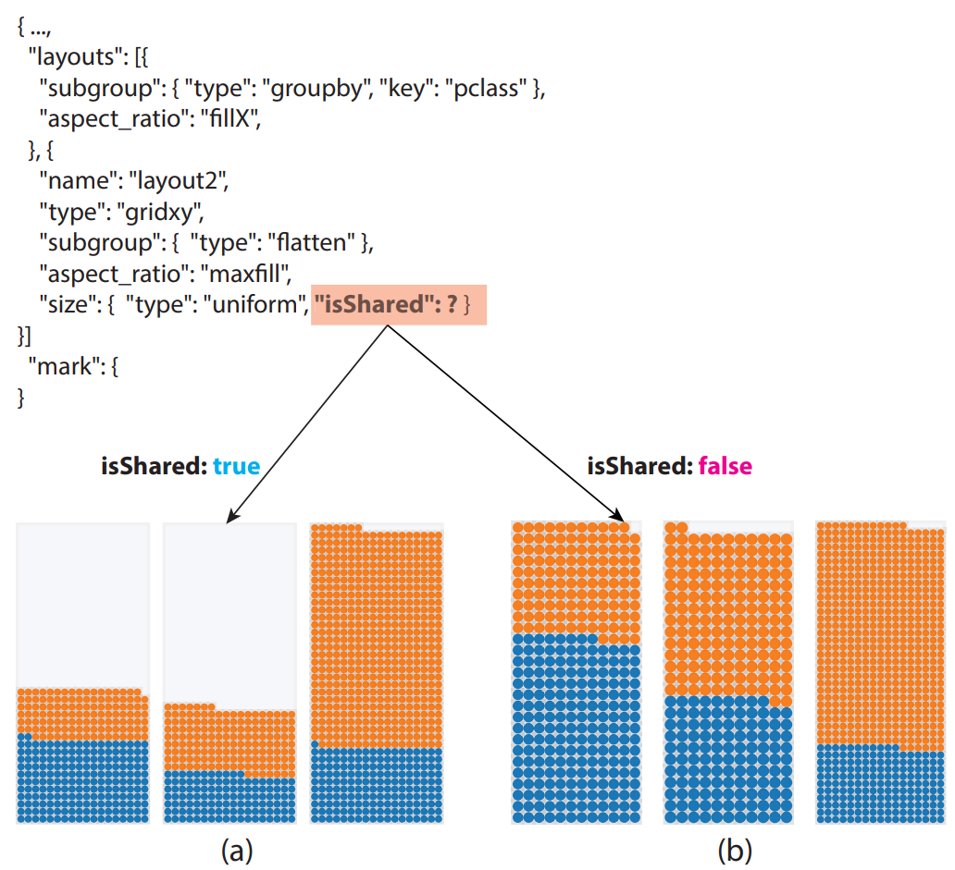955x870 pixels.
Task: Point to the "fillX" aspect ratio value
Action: point(232,120)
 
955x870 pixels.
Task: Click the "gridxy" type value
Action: point(158,212)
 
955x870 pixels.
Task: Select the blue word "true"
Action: point(236,466)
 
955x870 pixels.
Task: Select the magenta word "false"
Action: point(726,466)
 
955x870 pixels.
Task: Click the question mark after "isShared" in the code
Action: point(452,303)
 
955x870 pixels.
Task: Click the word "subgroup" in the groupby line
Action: point(85,90)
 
